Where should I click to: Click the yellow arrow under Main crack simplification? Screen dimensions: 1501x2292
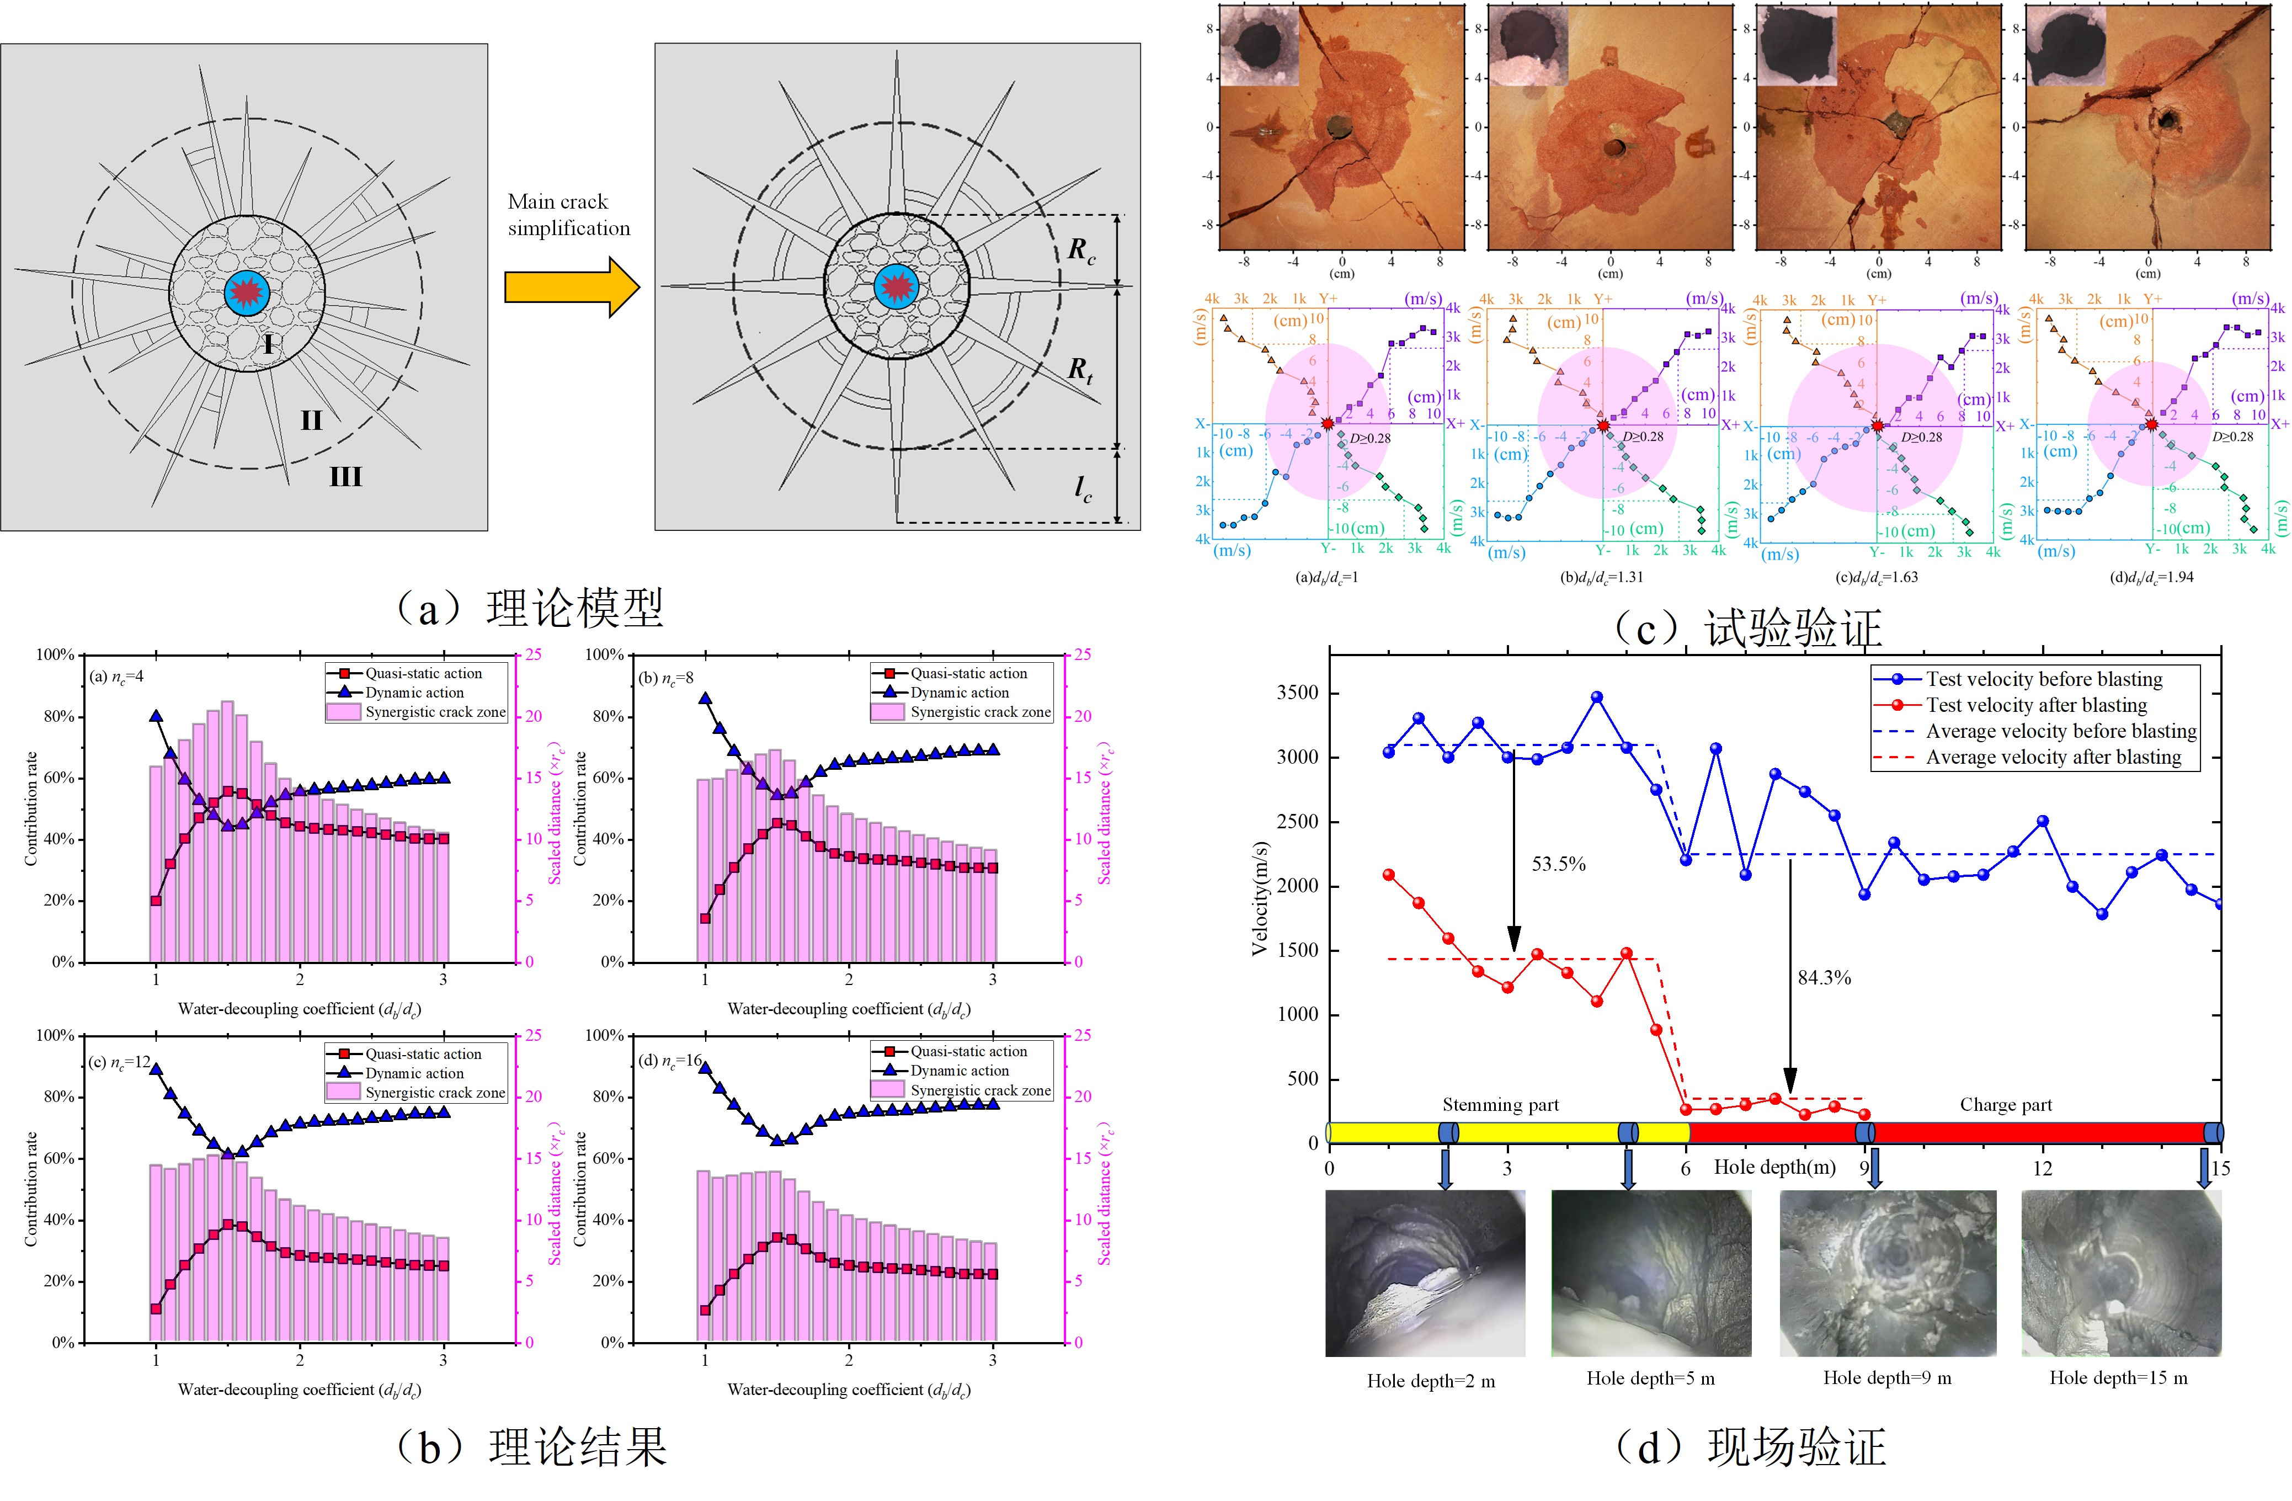[571, 287]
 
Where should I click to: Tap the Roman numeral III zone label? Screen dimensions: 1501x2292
[346, 476]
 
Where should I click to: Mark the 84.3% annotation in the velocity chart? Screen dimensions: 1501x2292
[1824, 978]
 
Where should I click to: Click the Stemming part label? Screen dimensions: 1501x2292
[1500, 1105]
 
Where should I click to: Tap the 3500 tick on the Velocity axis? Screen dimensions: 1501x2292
[1296, 694]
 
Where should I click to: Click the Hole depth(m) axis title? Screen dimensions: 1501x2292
[1774, 1168]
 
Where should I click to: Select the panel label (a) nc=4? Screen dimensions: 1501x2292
[116, 677]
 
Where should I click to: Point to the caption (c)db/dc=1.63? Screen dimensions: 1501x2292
[1877, 577]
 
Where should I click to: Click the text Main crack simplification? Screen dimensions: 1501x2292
[568, 215]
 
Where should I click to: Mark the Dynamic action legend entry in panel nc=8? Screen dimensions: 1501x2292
[959, 693]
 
